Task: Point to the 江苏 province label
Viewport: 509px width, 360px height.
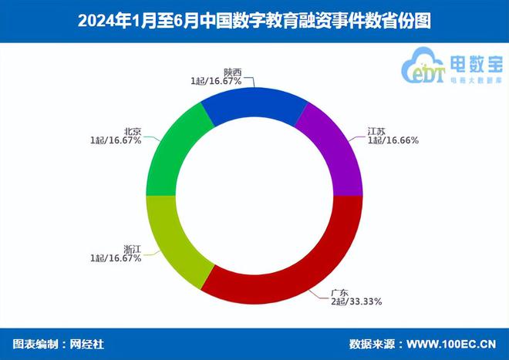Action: [x=376, y=131]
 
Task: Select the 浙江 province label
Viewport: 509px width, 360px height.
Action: [x=132, y=248]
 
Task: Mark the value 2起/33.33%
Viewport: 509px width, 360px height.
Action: [x=356, y=301]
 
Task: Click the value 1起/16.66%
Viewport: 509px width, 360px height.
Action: [x=393, y=141]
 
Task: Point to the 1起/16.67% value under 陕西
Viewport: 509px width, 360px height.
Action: [x=217, y=80]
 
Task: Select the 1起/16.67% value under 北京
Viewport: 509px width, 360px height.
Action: [x=115, y=141]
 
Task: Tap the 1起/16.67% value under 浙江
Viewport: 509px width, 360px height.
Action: [x=115, y=258]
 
